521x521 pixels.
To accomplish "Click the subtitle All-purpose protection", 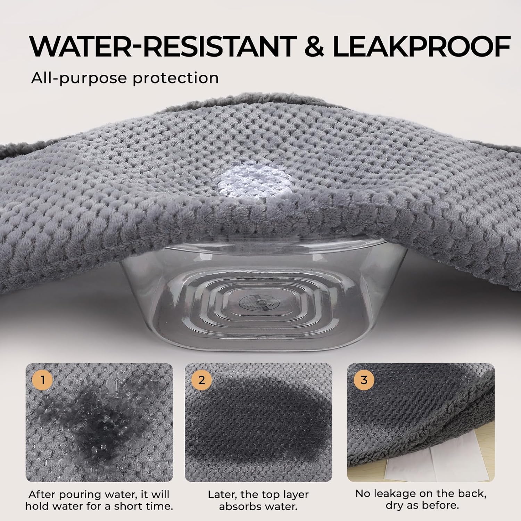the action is coord(125,78).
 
